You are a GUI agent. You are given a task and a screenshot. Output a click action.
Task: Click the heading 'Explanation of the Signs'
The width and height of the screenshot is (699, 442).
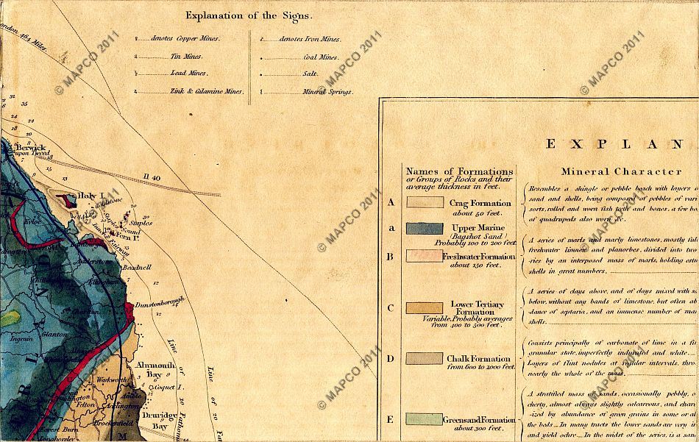249,15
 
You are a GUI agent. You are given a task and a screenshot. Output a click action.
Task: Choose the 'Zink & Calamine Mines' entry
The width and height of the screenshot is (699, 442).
196,92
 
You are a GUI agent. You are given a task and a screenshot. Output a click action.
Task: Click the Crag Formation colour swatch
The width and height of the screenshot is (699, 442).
425,202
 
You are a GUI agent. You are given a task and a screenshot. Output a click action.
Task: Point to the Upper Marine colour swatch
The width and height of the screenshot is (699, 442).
425,228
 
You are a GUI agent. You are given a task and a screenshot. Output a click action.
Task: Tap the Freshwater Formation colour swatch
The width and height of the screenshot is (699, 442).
425,256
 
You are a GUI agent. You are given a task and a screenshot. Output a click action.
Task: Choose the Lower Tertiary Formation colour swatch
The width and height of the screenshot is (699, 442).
425,307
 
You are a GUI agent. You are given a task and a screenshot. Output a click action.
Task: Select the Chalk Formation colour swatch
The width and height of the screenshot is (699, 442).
425,358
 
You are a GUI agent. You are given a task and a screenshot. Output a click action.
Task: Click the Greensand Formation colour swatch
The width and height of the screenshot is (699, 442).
425,419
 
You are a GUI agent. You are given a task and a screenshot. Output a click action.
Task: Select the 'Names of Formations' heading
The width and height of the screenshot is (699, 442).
459,171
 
